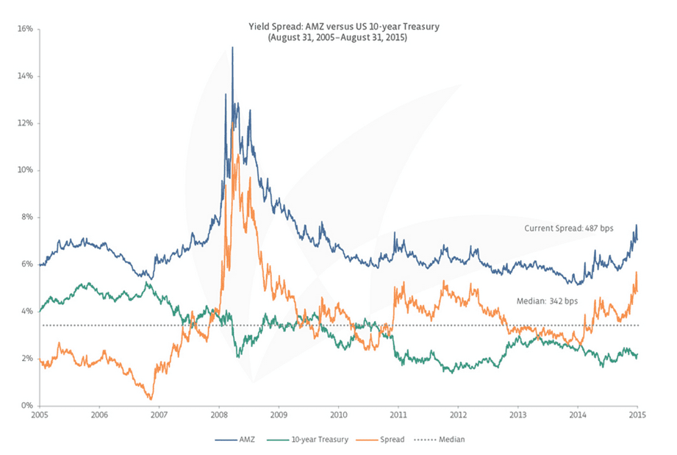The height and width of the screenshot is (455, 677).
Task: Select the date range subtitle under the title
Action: [338, 37]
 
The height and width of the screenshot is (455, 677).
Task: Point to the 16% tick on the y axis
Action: [24, 29]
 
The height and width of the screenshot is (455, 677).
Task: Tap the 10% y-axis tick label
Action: [24, 171]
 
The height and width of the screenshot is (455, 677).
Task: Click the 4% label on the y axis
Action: [26, 312]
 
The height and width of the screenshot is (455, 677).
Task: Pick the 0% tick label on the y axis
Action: [26, 406]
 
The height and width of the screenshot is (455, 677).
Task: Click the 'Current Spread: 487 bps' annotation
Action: [568, 229]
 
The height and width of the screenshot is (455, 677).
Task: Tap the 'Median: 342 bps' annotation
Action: [548, 301]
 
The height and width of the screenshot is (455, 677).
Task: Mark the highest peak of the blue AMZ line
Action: [232, 48]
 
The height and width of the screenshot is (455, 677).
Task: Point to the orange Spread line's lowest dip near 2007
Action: [151, 398]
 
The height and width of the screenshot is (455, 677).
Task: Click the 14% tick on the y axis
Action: [24, 76]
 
